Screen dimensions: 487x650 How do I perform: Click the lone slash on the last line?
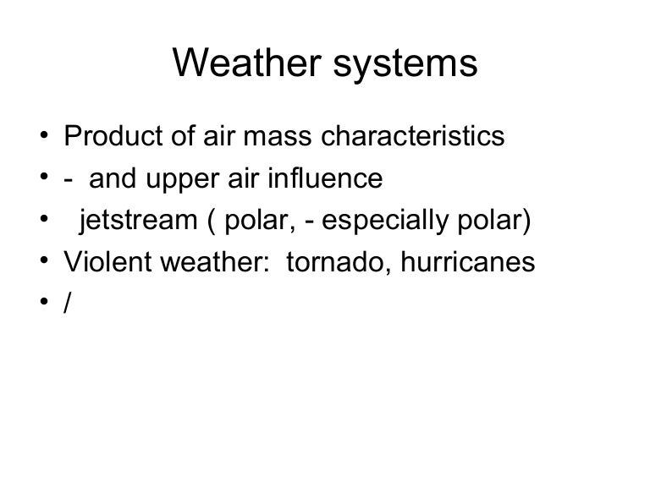tap(68, 305)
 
